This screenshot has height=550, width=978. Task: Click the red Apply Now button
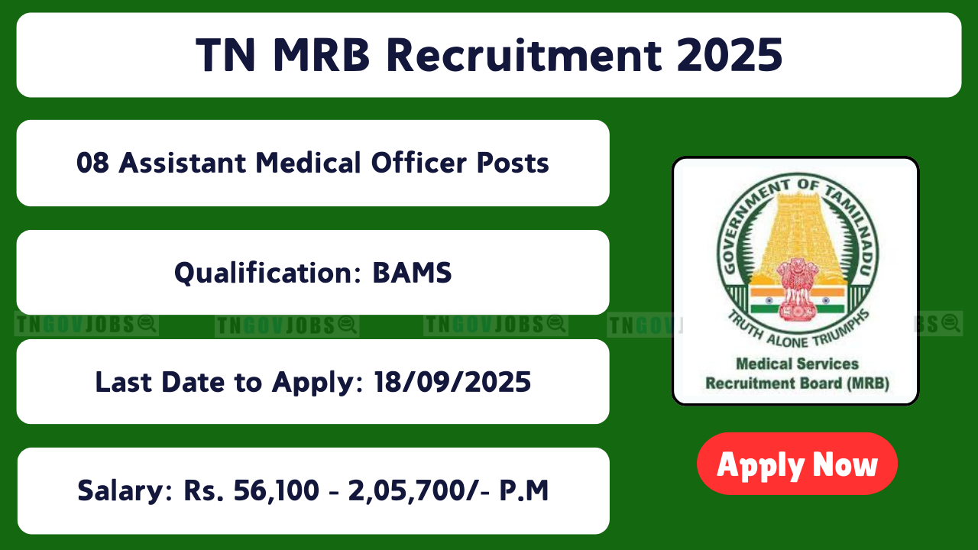(797, 464)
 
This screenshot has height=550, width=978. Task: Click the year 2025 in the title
(730, 55)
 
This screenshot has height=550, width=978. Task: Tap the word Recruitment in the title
(524, 55)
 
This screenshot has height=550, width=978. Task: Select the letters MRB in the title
(322, 55)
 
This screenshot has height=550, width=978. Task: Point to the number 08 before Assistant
(92, 163)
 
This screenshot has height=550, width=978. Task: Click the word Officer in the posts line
(419, 163)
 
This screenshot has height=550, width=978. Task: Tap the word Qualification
(268, 273)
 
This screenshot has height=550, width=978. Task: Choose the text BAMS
(412, 273)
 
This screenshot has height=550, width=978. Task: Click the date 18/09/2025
(452, 382)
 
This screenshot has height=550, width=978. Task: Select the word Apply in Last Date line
(317, 383)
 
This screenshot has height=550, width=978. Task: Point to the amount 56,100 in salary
(276, 490)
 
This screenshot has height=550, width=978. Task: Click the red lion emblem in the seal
(797, 288)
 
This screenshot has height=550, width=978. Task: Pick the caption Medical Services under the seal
(797, 364)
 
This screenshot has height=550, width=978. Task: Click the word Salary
(125, 491)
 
